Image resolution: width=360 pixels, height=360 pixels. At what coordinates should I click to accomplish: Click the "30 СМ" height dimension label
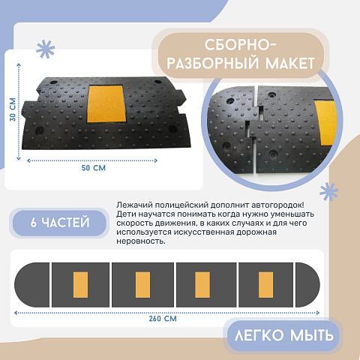tap(13, 109)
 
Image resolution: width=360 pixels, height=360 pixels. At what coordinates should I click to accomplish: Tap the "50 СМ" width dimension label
tap(94, 168)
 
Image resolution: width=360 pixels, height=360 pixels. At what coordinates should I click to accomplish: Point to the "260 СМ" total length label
tap(163, 319)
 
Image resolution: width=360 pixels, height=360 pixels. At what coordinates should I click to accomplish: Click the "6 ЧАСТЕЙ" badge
tap(59, 223)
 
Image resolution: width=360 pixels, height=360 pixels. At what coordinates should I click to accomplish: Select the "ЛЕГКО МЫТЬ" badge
tap(284, 335)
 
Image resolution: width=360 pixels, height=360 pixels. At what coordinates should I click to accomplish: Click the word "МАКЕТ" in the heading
tap(289, 64)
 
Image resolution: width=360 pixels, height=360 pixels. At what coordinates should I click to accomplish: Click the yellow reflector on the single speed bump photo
tap(106, 103)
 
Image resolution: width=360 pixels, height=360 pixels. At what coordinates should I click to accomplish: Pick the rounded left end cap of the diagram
tap(32, 285)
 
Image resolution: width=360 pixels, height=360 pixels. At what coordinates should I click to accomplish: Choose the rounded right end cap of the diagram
tap(307, 285)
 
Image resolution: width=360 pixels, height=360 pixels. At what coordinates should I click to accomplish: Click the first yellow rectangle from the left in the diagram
tap(80, 285)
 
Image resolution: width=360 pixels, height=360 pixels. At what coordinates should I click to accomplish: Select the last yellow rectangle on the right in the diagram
tap(265, 285)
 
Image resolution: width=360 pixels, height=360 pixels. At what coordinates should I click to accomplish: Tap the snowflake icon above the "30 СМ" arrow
tap(46, 49)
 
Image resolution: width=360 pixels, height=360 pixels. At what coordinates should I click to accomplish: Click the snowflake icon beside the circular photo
tap(328, 191)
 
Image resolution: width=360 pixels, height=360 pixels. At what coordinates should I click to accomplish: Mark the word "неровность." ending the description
tap(141, 241)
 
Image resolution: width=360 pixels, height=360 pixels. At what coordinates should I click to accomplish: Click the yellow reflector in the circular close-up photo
tap(326, 123)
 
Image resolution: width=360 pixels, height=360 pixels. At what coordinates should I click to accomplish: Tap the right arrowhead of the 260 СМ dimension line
tap(318, 313)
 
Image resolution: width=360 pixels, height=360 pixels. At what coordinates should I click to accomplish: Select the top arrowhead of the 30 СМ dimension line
tap(19, 65)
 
